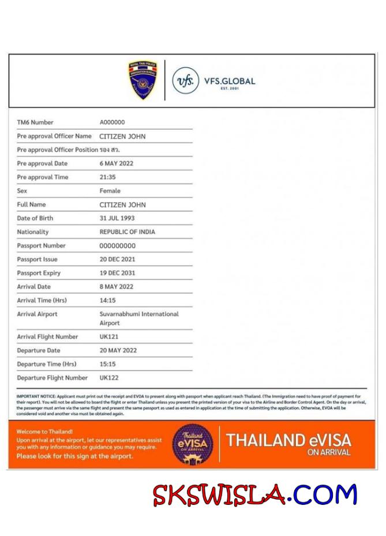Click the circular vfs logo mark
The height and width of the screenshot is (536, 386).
tap(186, 81)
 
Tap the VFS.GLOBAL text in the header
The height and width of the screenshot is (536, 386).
tap(229, 81)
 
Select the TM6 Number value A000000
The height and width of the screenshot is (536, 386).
tap(112, 122)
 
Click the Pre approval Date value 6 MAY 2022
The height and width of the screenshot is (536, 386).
tap(117, 163)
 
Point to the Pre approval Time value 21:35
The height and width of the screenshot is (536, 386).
tap(108, 177)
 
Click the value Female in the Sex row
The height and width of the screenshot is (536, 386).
tap(110, 191)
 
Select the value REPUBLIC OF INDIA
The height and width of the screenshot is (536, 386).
tap(127, 232)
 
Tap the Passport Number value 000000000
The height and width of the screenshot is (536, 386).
tap(118, 246)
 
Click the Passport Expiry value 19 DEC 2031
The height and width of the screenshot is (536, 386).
tap(118, 273)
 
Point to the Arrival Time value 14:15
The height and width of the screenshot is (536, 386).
tap(108, 301)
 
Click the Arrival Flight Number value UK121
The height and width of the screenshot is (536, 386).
tap(109, 337)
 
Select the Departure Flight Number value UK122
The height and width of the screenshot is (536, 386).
tap(109, 378)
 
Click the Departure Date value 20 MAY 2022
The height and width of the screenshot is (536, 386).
tap(118, 351)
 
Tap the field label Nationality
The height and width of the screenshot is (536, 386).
tap(33, 232)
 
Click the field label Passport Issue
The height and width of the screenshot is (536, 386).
tap(38, 260)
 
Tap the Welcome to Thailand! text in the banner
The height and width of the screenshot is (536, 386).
tap(44, 432)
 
